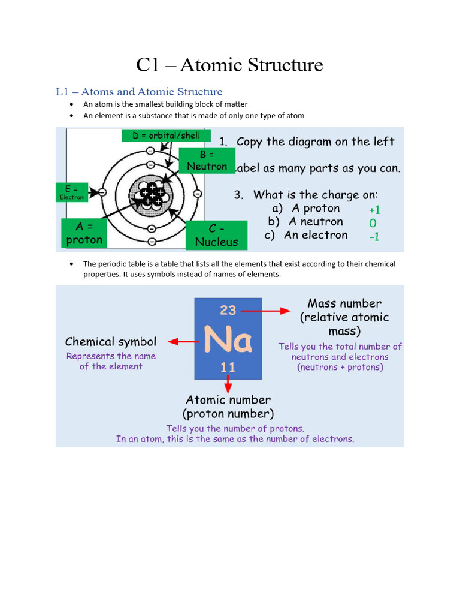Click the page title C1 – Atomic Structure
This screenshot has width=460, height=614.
[229, 65]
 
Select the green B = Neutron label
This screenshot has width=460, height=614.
[207, 160]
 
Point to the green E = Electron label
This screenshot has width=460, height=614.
[71, 192]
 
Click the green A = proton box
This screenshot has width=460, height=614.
[84, 233]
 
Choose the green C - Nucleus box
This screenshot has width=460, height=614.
[216, 235]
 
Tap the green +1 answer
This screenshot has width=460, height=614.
[374, 210]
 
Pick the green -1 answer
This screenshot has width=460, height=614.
[374, 237]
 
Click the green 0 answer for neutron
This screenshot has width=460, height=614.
[373, 224]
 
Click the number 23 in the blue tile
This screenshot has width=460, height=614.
[228, 310]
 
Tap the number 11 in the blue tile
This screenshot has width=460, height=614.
[228, 366]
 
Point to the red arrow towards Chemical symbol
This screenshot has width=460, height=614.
[183, 341]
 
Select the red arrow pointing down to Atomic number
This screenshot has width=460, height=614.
[228, 384]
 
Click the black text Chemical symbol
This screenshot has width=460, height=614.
[111, 342]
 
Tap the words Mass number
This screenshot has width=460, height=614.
[344, 303]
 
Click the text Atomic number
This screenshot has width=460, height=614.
[228, 399]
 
